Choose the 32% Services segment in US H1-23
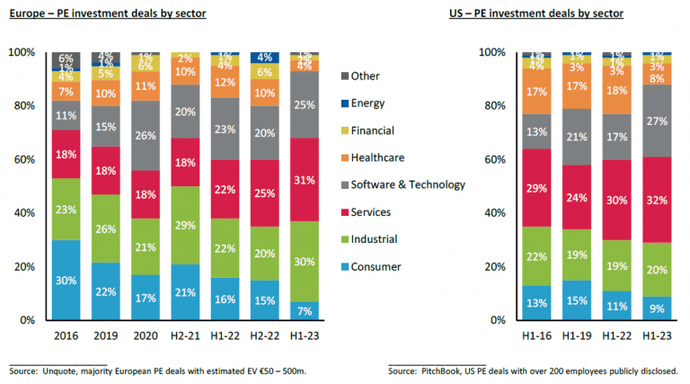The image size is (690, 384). [658, 199]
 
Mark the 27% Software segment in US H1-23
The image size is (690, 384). [658, 121]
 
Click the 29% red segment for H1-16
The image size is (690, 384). [536, 187]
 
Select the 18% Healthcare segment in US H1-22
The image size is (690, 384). [617, 91]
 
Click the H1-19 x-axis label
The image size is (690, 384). [577, 334]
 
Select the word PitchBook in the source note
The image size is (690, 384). [447, 371]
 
